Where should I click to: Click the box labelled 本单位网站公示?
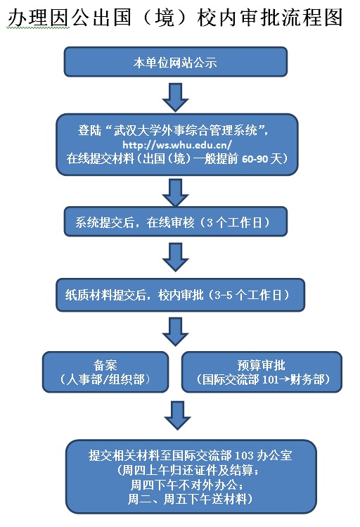tap(176, 62)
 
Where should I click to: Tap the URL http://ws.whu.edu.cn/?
tap(177, 145)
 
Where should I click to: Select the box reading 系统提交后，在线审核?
tap(176, 222)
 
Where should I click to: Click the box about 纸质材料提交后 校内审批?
tap(180, 295)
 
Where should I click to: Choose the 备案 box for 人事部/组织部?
tap(105, 372)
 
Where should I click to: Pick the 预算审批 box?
tap(262, 372)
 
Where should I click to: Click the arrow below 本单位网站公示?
tap(175, 98)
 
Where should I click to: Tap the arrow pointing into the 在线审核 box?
tap(175, 193)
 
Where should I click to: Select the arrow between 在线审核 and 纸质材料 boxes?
tap(175, 257)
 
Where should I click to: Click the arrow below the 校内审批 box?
tap(175, 331)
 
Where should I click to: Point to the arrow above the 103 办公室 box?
tap(178, 416)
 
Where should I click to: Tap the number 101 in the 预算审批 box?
tap(271, 379)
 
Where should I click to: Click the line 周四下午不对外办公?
tap(187, 485)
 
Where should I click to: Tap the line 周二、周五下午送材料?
tap(191, 499)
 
